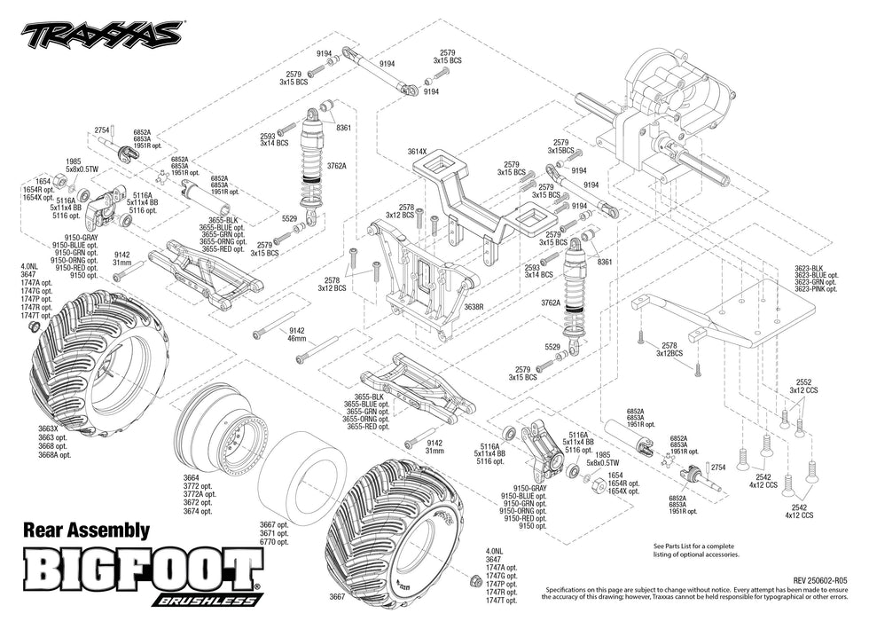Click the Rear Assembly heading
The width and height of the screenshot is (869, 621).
[x=85, y=531]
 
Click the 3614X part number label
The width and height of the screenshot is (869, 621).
[x=418, y=152]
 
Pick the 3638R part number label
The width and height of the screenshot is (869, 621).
[x=474, y=306]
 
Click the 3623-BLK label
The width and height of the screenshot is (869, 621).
[x=810, y=268]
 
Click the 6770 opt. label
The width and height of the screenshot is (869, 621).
[x=274, y=541]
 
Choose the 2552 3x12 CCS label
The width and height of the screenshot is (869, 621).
[x=804, y=384]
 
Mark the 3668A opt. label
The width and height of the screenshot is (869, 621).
[x=54, y=454]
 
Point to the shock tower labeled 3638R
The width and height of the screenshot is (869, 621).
[x=417, y=275]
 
